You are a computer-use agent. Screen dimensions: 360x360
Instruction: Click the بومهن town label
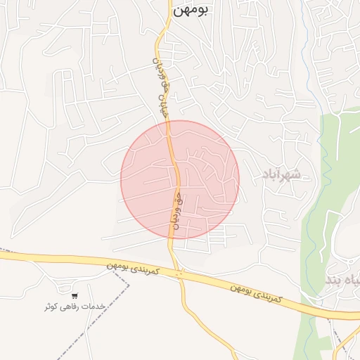194,12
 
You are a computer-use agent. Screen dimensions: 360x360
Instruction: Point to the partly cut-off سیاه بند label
343,280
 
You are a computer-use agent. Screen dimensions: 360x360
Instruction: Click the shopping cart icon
75,295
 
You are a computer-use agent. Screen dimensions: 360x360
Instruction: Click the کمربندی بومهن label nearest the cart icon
134,268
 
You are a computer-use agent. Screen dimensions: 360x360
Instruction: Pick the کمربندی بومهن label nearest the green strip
257,294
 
